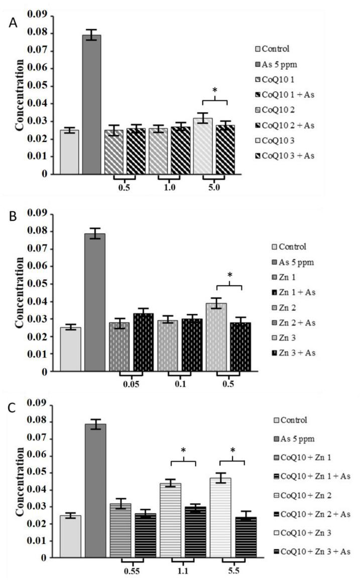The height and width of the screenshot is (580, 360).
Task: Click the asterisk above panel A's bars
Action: (x=215, y=90)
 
